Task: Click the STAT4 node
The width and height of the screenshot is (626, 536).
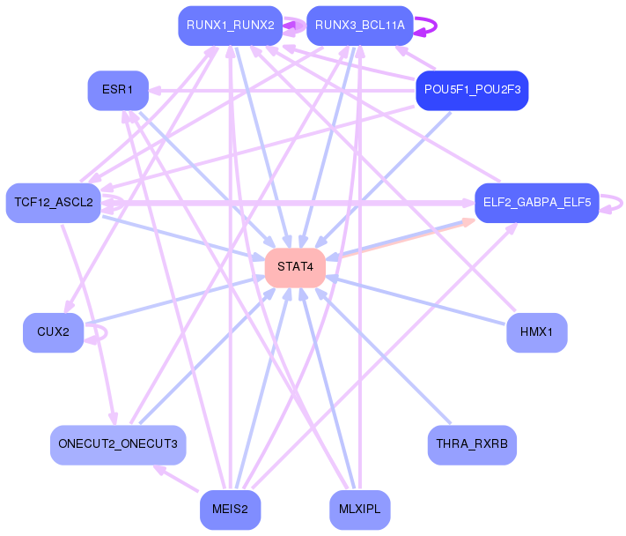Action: click(295, 267)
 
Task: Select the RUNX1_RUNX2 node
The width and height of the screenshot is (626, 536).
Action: click(231, 26)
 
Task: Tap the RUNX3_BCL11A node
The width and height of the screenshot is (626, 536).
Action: click(360, 26)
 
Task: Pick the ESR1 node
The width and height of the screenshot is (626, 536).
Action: click(118, 90)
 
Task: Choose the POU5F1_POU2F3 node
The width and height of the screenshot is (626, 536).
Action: click(472, 90)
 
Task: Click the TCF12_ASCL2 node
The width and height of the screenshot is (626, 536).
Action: click(53, 203)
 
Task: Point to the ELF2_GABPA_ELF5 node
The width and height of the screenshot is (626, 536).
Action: click(537, 203)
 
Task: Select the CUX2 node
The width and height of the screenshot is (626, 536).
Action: click(53, 332)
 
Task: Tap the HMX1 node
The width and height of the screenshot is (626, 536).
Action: click(537, 332)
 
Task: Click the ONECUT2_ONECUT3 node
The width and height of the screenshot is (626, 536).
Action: click(118, 445)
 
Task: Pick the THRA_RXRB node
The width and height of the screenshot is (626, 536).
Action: click(472, 445)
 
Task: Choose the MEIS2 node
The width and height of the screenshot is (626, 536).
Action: click(231, 510)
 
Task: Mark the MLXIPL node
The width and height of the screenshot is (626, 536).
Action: click(360, 510)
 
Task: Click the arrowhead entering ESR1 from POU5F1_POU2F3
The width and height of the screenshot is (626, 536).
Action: click(154, 91)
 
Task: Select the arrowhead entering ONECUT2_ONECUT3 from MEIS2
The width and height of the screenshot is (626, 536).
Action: click(159, 470)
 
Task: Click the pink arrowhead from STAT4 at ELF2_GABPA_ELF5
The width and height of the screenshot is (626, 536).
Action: click(468, 222)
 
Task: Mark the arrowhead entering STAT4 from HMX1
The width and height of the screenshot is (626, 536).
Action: click(331, 277)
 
